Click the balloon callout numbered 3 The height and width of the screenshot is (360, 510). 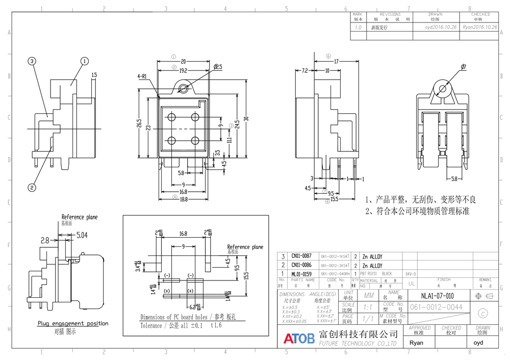[32, 61]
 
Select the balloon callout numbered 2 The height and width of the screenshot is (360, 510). [32, 187]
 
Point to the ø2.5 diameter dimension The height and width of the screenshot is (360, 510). [217, 67]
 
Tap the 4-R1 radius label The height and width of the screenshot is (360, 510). [142, 76]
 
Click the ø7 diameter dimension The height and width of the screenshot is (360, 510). [464, 67]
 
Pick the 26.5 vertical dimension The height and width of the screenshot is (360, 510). [139, 123]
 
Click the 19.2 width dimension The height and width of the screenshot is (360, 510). [183, 70]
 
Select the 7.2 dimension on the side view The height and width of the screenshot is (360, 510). [304, 70]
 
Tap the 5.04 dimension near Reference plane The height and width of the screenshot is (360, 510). [82, 236]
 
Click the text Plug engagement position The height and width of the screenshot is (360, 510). [72, 323]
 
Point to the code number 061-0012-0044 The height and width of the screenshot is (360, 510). [436, 307]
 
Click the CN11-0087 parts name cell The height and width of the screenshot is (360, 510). [301, 256]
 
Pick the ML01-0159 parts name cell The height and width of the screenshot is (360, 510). [301, 274]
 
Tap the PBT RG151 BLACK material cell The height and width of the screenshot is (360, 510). [376, 274]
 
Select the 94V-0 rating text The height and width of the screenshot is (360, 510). [411, 274]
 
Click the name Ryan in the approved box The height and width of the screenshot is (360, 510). [416, 343]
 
